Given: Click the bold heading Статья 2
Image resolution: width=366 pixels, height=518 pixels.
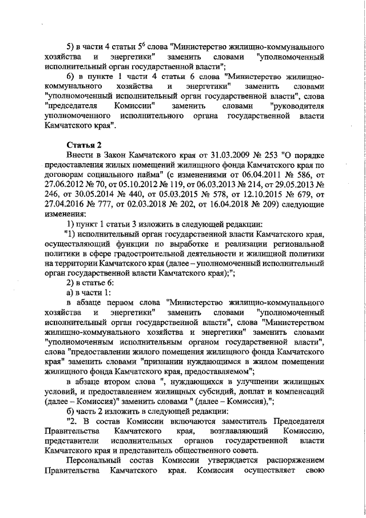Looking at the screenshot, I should (x=83, y=145).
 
